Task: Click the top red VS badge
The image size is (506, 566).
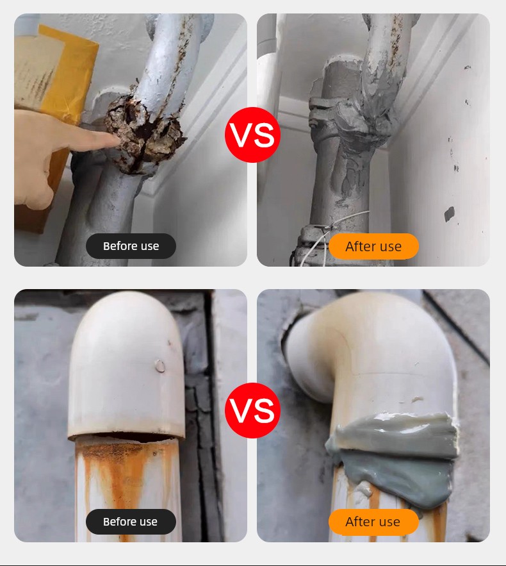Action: pyautogui.click(x=252, y=135)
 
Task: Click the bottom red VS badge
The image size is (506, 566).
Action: pyautogui.click(x=252, y=410)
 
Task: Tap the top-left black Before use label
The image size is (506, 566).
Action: pyautogui.click(x=131, y=246)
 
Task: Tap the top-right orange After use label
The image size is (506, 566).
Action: pyautogui.click(x=373, y=246)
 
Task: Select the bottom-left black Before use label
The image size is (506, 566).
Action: pyautogui.click(x=131, y=522)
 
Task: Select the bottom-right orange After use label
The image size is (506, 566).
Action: pyautogui.click(x=373, y=522)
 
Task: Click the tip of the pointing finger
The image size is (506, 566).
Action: pyautogui.click(x=119, y=139)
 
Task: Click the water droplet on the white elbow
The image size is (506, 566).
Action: pyautogui.click(x=159, y=366)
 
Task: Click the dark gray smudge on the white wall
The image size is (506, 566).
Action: pyautogui.click(x=449, y=213)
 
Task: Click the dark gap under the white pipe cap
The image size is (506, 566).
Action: pyautogui.click(x=126, y=438)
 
